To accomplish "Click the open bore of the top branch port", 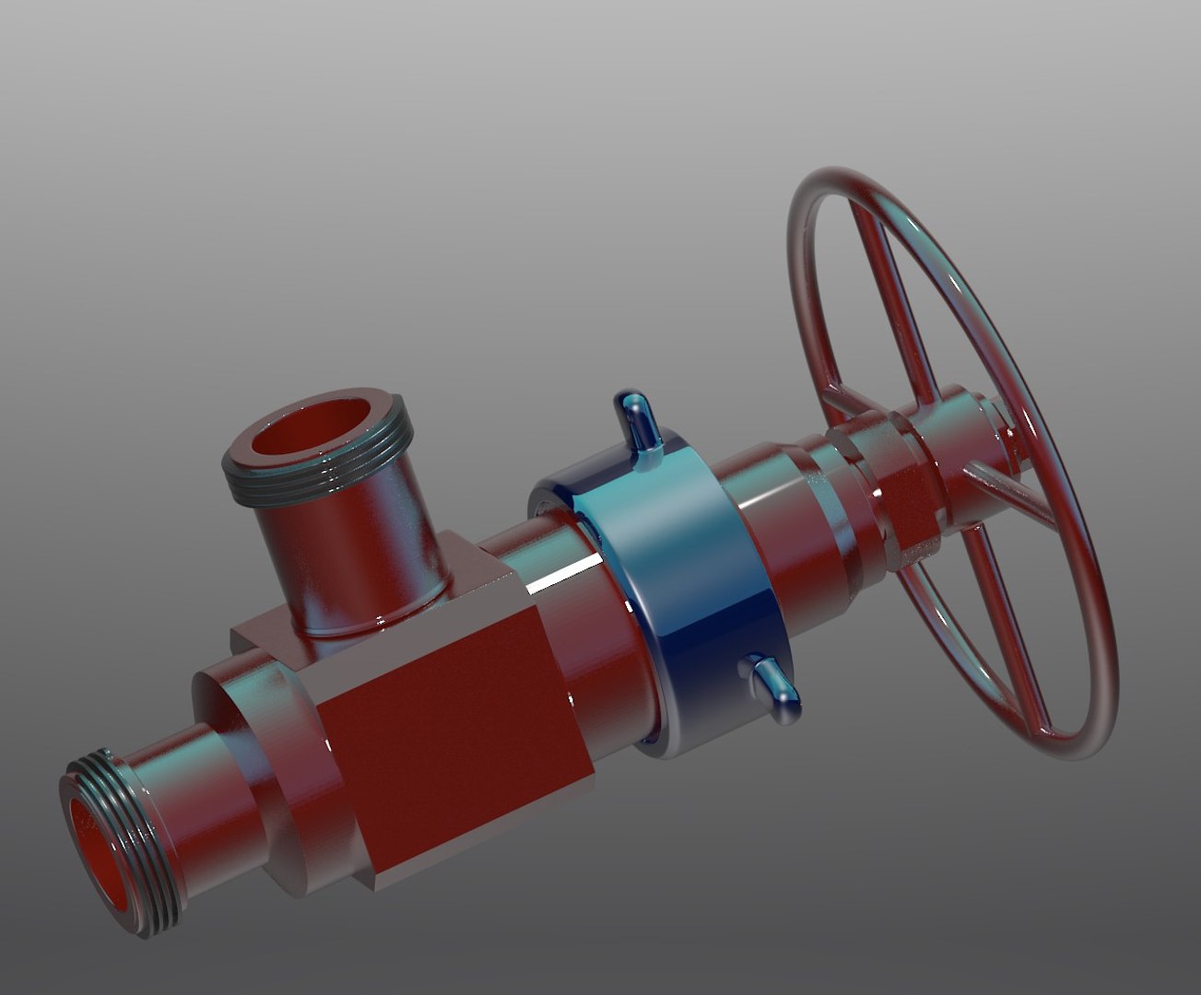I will pos(318,437).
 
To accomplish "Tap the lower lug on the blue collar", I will pos(774,686).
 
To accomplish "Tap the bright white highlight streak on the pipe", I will pos(562,576).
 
